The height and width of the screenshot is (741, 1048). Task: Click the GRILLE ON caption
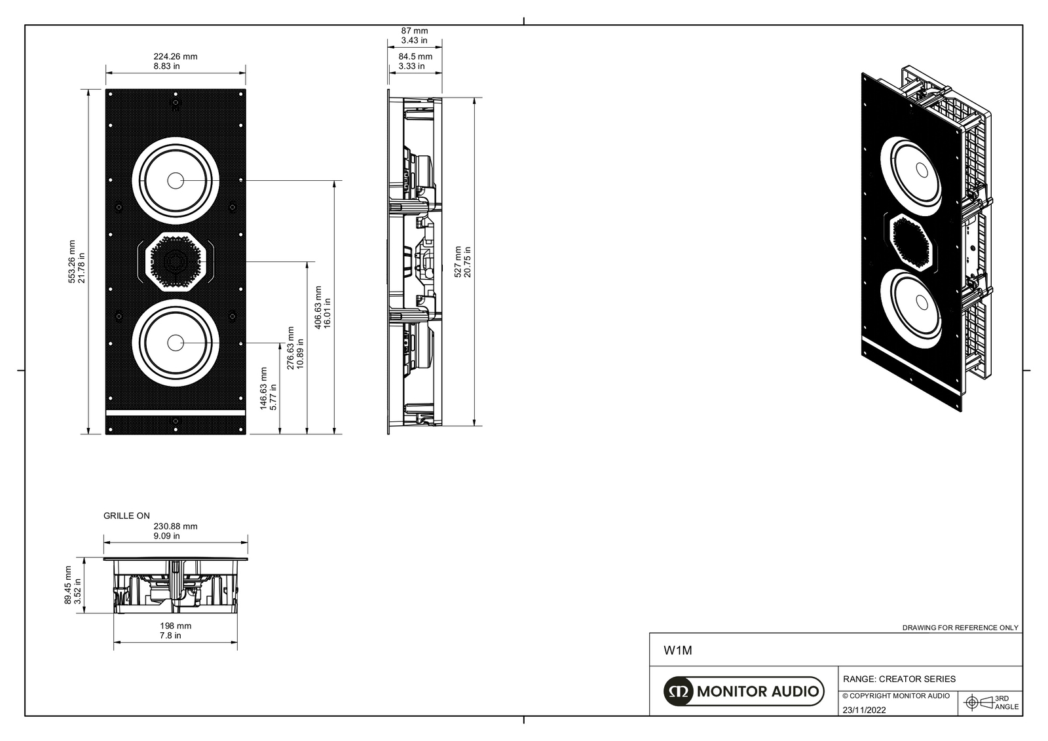coord(126,516)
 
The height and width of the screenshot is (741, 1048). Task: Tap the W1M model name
coord(678,651)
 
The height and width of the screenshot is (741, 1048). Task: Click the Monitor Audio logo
coord(743,691)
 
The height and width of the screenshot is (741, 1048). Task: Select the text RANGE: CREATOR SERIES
coord(899,679)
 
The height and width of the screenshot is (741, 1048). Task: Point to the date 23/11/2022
coord(864,710)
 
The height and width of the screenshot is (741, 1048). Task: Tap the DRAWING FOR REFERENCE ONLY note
coord(960,628)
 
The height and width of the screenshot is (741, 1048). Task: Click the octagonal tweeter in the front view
coord(175,261)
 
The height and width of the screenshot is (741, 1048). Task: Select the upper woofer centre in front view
coord(175,180)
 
